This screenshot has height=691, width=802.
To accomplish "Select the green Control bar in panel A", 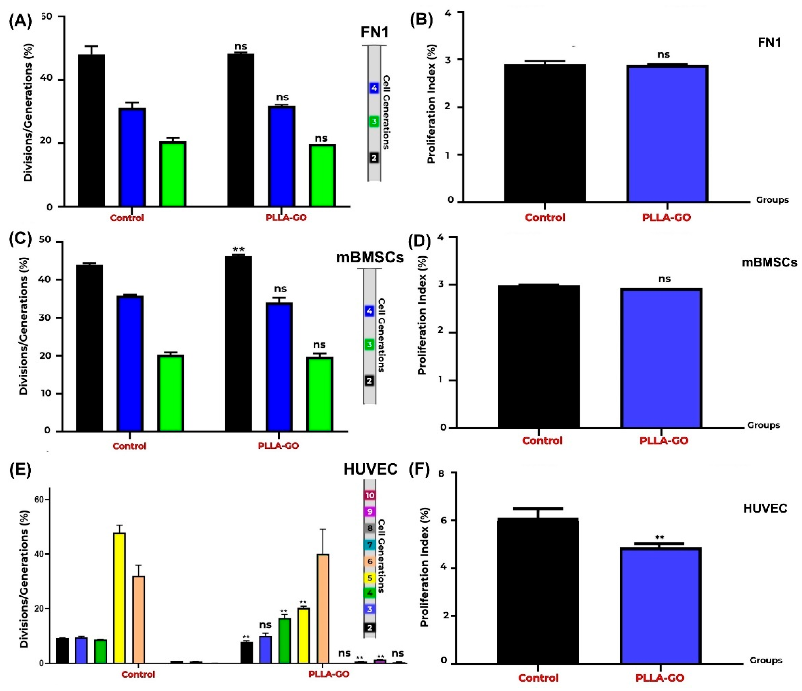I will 173,174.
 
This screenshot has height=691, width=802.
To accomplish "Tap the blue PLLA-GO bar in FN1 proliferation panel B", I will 667,133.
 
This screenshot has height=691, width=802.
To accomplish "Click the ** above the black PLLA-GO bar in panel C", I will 238,250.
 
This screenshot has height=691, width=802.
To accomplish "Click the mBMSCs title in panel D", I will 769,263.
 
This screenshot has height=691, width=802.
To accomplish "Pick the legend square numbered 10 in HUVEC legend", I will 370,495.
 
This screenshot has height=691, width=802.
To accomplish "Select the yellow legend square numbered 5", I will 370,578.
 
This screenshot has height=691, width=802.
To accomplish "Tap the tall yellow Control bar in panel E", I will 119,598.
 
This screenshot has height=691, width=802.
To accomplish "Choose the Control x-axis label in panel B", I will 545,218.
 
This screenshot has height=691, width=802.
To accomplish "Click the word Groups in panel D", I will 763,425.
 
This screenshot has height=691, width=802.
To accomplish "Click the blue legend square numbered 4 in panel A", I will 374,88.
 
